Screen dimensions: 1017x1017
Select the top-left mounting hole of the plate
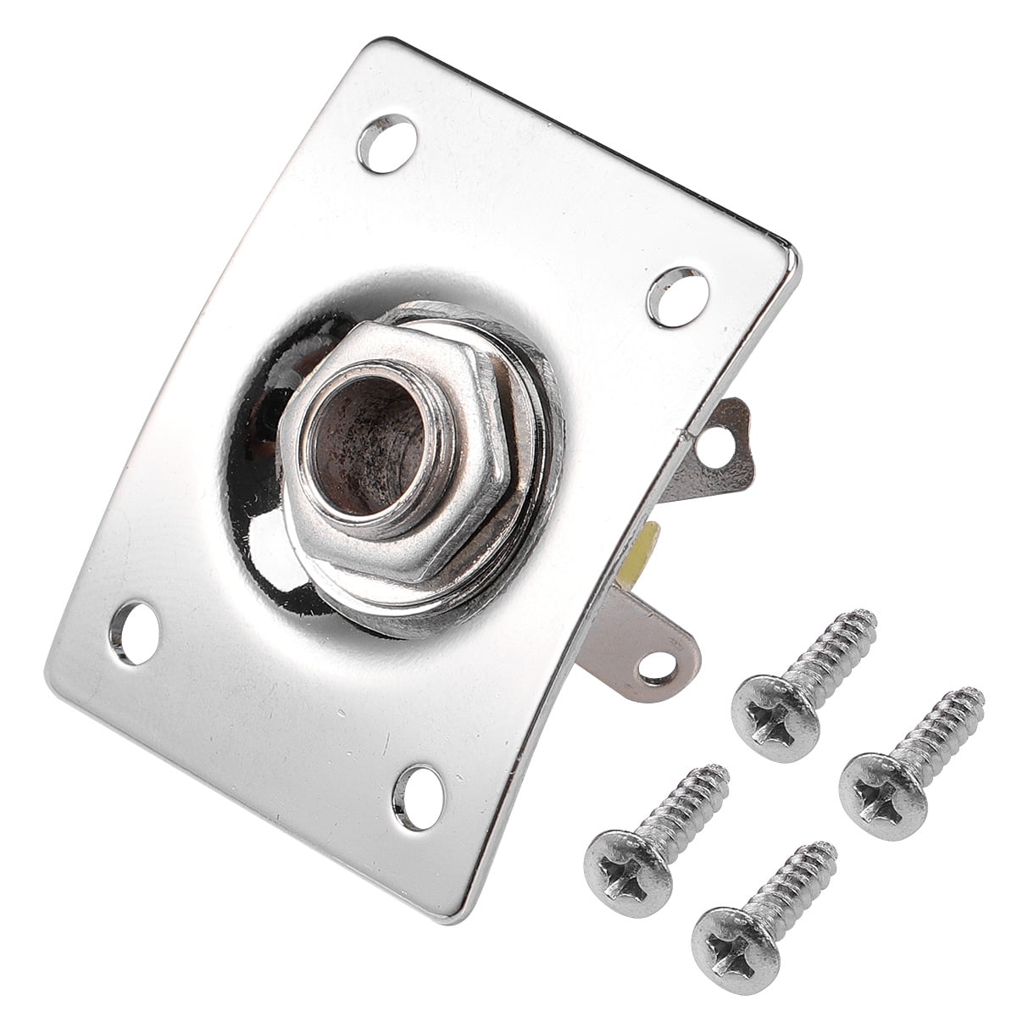[388, 134]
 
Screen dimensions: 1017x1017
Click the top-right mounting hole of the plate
[676, 295]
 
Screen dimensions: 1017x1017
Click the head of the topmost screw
[775, 708]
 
